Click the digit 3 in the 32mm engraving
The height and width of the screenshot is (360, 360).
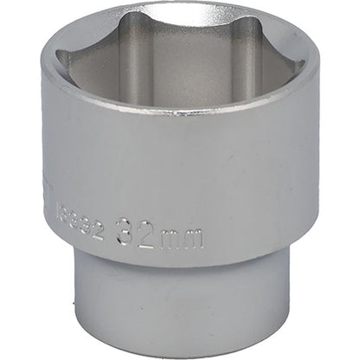pyautogui.click(x=127, y=235)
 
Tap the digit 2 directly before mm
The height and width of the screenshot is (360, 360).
pyautogui.click(x=148, y=235)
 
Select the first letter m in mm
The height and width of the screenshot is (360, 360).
pyautogui.click(x=170, y=236)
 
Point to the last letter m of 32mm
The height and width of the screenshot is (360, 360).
pyautogui.click(x=192, y=236)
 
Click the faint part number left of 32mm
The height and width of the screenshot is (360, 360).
pyautogui.click(x=86, y=231)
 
